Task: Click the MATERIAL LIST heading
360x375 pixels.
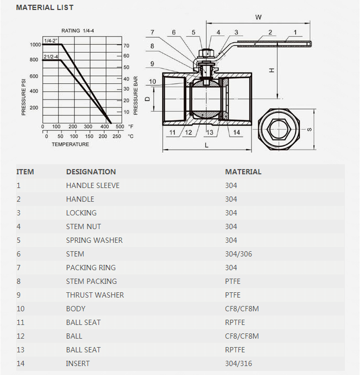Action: click(45, 7)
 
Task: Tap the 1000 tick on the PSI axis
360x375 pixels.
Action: click(34, 45)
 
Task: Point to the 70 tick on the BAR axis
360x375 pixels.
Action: click(126, 46)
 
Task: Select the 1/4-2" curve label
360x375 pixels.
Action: click(51, 41)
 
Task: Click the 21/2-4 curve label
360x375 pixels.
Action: click(51, 56)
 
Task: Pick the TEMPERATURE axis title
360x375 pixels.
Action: click(70, 144)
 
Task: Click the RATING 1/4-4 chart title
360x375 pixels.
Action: click(77, 31)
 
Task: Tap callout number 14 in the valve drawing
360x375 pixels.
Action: click(236, 132)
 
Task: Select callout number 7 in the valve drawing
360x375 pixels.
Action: click(152, 33)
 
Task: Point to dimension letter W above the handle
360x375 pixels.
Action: click(258, 17)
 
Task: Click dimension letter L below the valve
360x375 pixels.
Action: click(207, 145)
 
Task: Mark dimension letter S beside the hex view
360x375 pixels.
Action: click(309, 129)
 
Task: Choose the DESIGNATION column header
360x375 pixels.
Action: click(91, 172)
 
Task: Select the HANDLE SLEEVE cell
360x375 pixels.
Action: click(93, 185)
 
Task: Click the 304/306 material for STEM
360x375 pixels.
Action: click(238, 254)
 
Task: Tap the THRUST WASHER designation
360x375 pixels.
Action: click(95, 295)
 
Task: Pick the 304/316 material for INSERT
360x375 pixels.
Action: click(238, 363)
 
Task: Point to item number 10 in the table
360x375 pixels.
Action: click(21, 309)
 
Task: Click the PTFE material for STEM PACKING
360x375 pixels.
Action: click(233, 281)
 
